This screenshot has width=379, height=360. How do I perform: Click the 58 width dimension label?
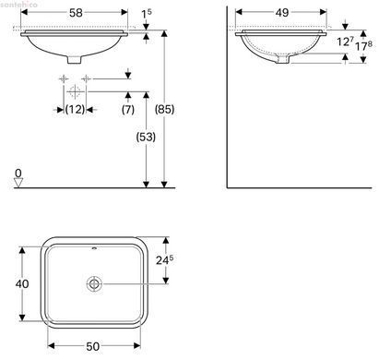point(76,12)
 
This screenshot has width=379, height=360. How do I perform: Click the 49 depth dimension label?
point(282,12)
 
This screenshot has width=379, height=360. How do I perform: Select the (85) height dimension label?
point(164,109)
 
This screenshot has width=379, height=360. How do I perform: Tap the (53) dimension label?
point(146,137)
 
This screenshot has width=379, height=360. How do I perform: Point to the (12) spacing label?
point(75,109)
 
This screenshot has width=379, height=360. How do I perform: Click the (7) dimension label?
point(128,109)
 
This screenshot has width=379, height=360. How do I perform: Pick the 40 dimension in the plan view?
point(22,283)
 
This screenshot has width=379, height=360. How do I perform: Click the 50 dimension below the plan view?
point(92,346)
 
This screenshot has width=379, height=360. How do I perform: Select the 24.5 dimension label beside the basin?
point(164,260)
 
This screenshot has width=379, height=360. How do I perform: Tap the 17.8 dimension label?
point(363,46)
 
